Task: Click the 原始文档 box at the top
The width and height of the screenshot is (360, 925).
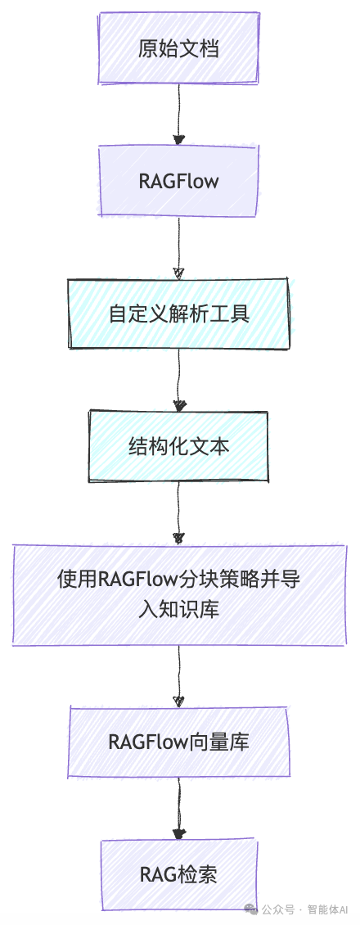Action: pyautogui.click(x=178, y=49)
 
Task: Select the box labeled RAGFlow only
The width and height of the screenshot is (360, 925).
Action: pyautogui.click(x=178, y=180)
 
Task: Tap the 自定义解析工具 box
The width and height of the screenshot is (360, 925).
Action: pyautogui.click(x=178, y=314)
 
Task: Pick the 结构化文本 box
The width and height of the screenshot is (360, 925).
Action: pyautogui.click(x=178, y=446)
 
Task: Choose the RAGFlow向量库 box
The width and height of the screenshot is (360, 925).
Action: pyautogui.click(x=178, y=742)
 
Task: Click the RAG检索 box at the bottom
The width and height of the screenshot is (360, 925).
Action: pyautogui.click(x=178, y=875)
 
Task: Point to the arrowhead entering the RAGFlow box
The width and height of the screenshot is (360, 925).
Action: pyautogui.click(x=178, y=140)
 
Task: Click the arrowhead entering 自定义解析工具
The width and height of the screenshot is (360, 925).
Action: pyautogui.click(x=178, y=273)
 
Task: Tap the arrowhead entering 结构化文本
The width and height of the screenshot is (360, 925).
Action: pyautogui.click(x=178, y=405)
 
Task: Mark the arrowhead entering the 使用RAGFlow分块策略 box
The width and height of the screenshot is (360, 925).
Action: pyautogui.click(x=178, y=538)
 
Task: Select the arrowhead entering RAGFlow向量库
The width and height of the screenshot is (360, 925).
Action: pyautogui.click(x=178, y=701)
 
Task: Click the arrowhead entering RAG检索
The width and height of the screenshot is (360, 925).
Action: pyautogui.click(x=178, y=833)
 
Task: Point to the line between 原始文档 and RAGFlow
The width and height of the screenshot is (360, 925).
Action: pyautogui.click(x=178, y=106)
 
